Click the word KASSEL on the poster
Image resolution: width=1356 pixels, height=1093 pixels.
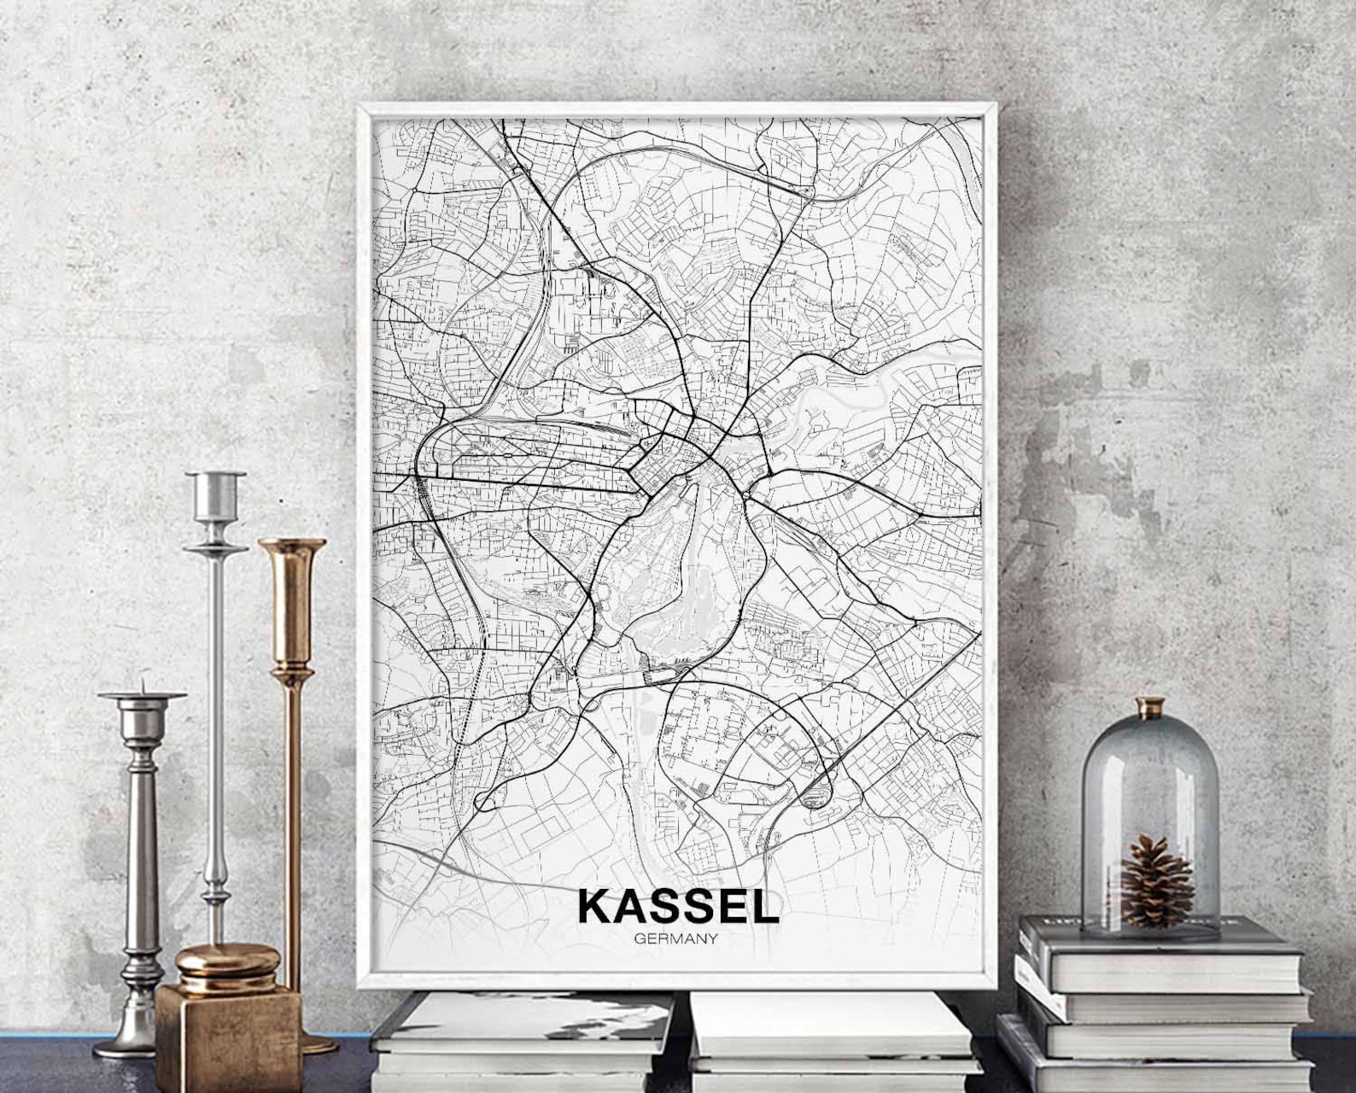pos(678,907)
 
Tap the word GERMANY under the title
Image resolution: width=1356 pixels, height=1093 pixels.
pos(675,938)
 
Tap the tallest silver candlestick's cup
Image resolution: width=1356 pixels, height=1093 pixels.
pos(216,495)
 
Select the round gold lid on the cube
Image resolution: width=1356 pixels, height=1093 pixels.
pos(227,963)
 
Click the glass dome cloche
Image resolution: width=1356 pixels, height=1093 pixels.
pos(1149,811)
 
